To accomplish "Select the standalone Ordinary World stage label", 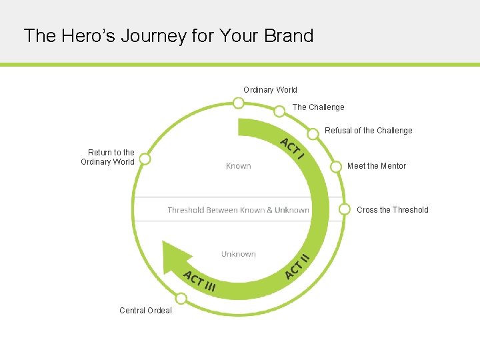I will (x=270, y=90).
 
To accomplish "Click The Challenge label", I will (x=318, y=107).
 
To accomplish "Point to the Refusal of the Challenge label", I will (x=368, y=131).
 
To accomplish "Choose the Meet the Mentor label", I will (x=376, y=166).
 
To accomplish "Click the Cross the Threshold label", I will (x=392, y=210).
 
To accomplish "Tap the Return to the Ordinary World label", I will (x=108, y=157).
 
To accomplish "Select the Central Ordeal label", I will (x=145, y=311).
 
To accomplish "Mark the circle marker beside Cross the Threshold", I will (x=345, y=209).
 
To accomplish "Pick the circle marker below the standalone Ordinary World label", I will (x=238, y=103).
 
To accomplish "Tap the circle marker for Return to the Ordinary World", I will (x=145, y=159).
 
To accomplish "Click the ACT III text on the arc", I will (x=199, y=281).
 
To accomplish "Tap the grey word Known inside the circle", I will (x=238, y=166).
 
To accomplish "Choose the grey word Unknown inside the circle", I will (x=238, y=254).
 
